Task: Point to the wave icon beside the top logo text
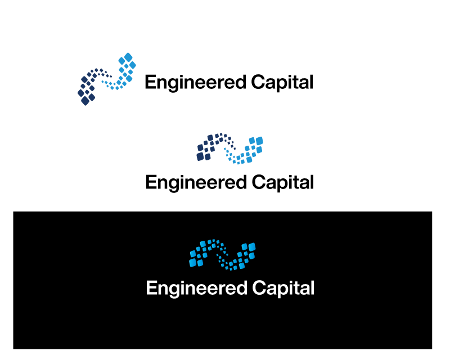pos(107,79)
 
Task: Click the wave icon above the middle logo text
pos(230,148)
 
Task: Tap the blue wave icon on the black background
pos(223,255)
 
